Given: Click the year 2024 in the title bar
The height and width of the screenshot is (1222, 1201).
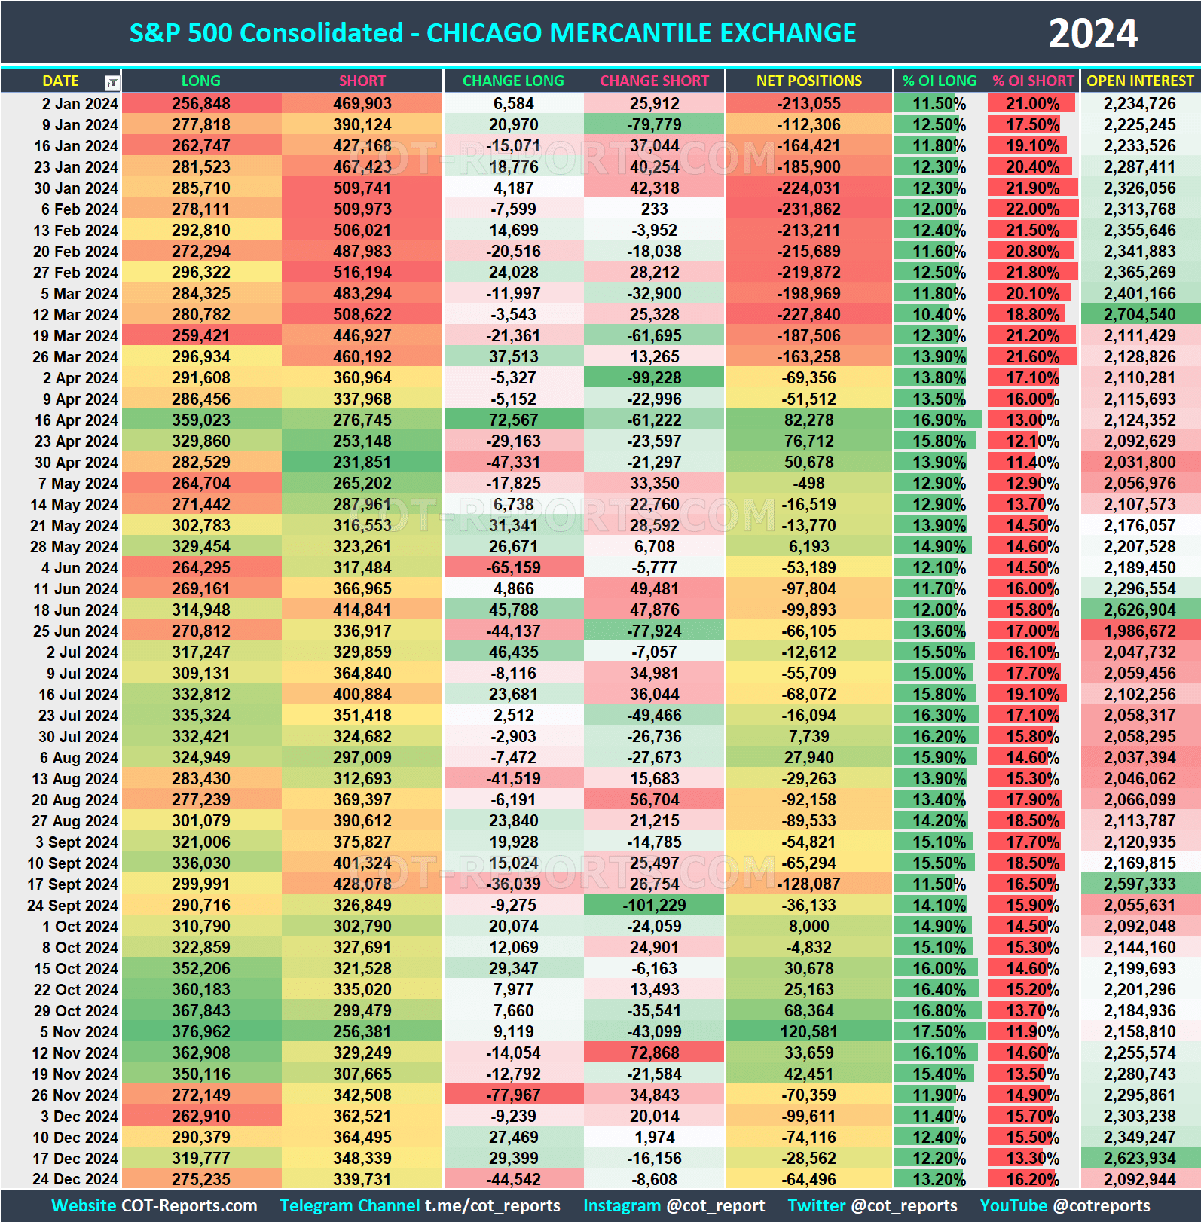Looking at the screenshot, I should pyautogui.click(x=1093, y=34).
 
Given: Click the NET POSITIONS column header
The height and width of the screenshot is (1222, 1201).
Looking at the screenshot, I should pyautogui.click(x=808, y=81).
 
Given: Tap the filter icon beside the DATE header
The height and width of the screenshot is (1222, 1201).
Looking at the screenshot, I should pyautogui.click(x=112, y=82).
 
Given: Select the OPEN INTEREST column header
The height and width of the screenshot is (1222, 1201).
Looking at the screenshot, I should pyautogui.click(x=1139, y=81).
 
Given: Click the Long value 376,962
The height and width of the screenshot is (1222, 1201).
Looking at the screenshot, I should pyautogui.click(x=201, y=1032).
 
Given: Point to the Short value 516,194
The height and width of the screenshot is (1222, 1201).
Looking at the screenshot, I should pyautogui.click(x=362, y=273).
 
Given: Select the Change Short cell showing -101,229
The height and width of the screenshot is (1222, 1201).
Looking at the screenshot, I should pyautogui.click(x=654, y=906).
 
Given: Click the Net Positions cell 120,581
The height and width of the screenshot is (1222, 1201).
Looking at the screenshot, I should pyautogui.click(x=808, y=1032).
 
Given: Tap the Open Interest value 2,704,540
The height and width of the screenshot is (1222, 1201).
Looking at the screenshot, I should pyautogui.click(x=1139, y=315).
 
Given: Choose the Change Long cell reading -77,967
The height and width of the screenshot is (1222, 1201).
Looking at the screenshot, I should pyautogui.click(x=513, y=1095).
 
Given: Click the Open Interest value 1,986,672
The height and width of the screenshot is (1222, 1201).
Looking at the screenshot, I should pyautogui.click(x=1139, y=631).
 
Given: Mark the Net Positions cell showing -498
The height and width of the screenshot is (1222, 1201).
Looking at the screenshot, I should pyautogui.click(x=808, y=484).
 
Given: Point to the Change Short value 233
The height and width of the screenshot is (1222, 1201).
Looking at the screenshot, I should pyautogui.click(x=654, y=209).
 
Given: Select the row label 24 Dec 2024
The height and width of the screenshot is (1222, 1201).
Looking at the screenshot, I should pyautogui.click(x=75, y=1180).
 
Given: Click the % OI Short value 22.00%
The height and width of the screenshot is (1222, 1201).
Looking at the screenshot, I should pyautogui.click(x=1032, y=209).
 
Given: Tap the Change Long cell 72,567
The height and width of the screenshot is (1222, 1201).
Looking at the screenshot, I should pyautogui.click(x=513, y=420).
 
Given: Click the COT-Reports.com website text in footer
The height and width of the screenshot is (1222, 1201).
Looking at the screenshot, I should pyautogui.click(x=189, y=1205).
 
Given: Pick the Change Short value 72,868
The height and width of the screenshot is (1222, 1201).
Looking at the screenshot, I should pyautogui.click(x=654, y=1053).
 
